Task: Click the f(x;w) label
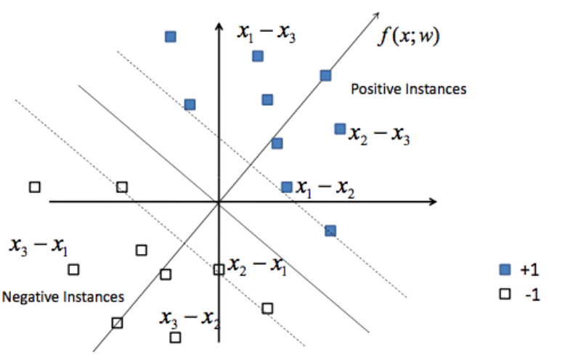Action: (408, 36)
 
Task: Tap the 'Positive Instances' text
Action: (408, 89)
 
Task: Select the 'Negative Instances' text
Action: (63, 297)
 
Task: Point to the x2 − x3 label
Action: (379, 135)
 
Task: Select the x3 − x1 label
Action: (38, 246)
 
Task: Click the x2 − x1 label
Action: (257, 266)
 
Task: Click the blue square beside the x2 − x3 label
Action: (339, 128)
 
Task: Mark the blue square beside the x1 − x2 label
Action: (286, 187)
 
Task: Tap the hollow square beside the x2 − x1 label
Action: (219, 270)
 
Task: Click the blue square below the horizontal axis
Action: (330, 231)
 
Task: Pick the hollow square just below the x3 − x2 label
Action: (175, 337)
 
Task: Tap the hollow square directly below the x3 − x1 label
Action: (73, 269)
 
